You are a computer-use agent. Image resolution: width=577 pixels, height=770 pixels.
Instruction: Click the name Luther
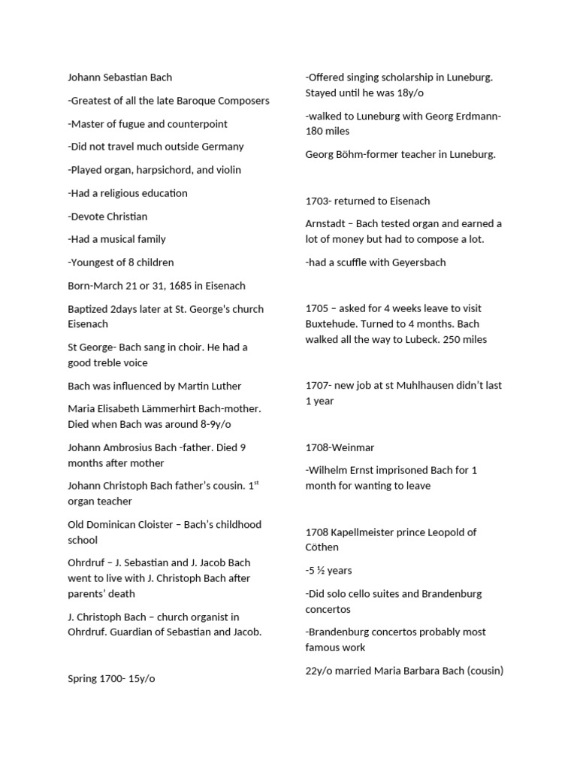[224, 386]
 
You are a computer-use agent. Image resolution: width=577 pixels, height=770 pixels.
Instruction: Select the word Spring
[83, 678]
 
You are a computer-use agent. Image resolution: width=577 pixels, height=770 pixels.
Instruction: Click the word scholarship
[403, 77]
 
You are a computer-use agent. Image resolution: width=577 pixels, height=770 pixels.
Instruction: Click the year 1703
[318, 201]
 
